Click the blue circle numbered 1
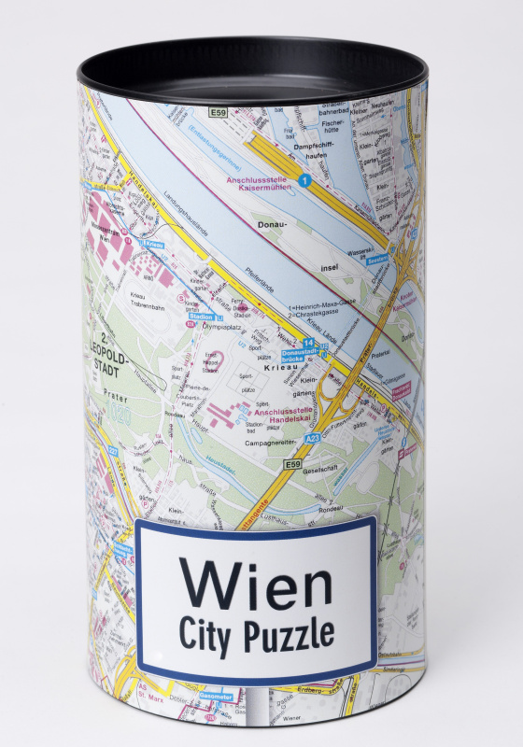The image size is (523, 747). (303, 181)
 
